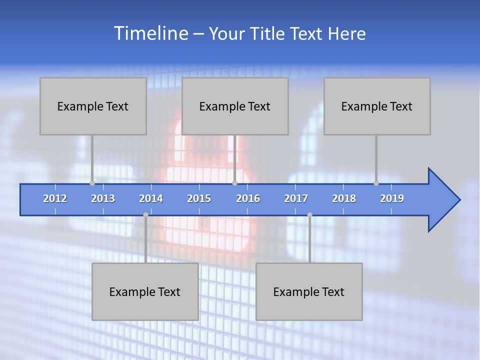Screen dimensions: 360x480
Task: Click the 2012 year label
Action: [x=55, y=198]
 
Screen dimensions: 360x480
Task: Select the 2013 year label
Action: [x=103, y=198]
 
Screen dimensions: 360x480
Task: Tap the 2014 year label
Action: [x=151, y=198]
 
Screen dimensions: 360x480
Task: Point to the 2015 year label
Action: [x=199, y=198]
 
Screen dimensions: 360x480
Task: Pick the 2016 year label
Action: [x=248, y=198]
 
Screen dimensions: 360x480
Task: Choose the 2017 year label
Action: [x=296, y=198]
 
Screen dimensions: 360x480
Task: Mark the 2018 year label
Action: [x=344, y=198]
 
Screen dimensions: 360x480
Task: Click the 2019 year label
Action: [x=392, y=198]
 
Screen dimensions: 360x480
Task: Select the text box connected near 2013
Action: [x=93, y=106]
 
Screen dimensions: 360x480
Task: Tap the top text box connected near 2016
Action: [x=235, y=106]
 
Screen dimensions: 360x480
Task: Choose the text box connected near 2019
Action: [x=377, y=106]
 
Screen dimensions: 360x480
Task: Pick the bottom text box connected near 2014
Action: [x=145, y=291]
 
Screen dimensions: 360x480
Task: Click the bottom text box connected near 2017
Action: [x=309, y=291]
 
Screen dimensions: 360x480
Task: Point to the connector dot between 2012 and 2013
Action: [x=92, y=183]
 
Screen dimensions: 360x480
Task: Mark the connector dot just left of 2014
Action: [x=145, y=215]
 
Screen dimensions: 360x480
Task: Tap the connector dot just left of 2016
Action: [x=235, y=183]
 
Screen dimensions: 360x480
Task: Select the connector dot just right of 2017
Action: [x=309, y=215]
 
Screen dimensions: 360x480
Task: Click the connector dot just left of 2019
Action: [x=376, y=183]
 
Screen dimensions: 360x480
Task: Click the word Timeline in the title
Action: [x=151, y=33]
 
